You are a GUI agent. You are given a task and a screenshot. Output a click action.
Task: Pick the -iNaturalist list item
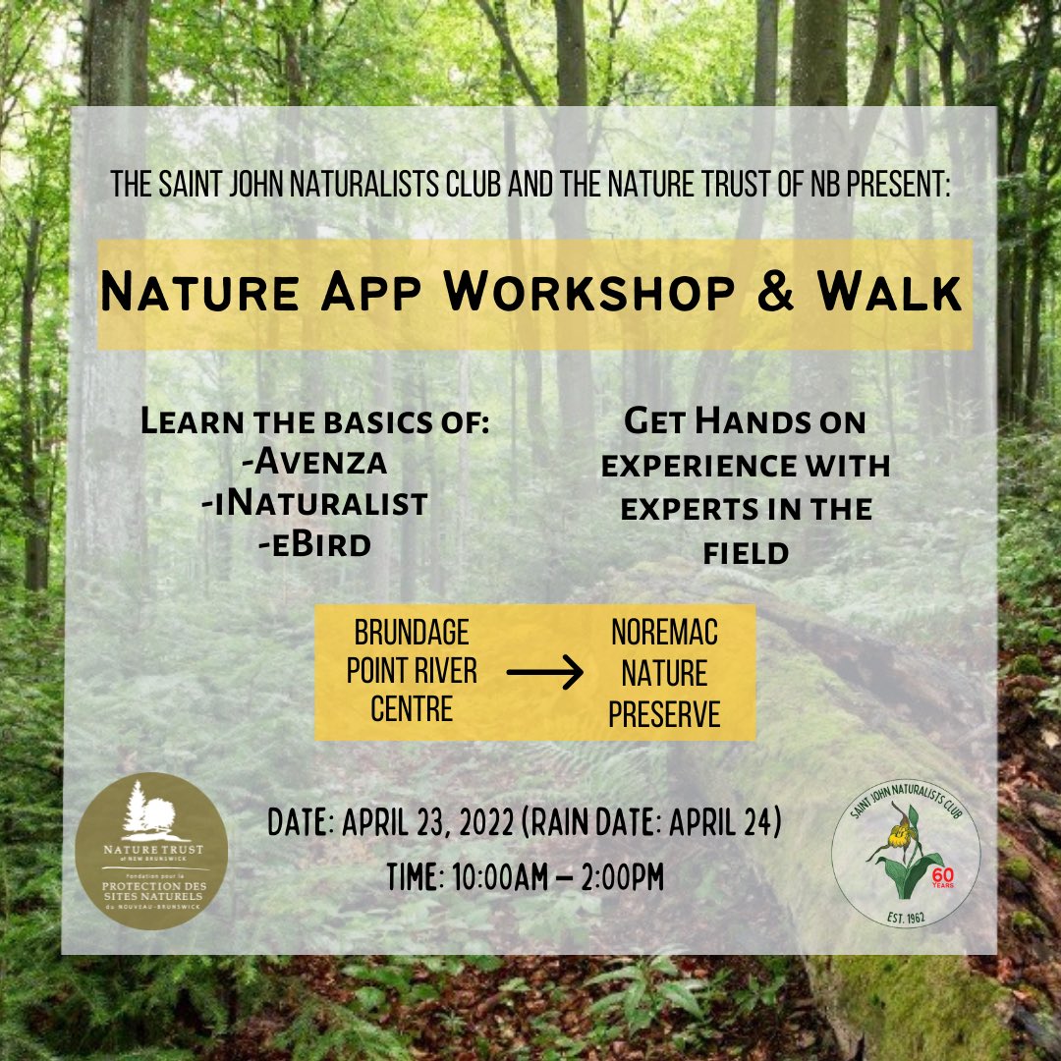[x=315, y=503]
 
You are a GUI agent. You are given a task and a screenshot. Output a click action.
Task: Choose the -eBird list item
[x=315, y=543]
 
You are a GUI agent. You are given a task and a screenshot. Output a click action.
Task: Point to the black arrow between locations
[x=544, y=673]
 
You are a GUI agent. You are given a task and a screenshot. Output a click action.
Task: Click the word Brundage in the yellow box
[x=412, y=631]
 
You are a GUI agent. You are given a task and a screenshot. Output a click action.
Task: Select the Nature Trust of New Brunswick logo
[x=151, y=851]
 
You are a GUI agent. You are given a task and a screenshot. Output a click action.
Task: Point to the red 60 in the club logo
[x=941, y=871]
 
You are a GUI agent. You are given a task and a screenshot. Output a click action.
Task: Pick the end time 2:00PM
[x=613, y=877]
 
